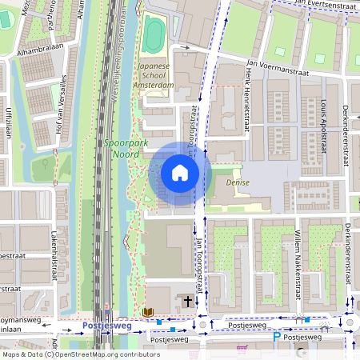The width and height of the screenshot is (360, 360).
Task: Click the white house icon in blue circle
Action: pos(180,173)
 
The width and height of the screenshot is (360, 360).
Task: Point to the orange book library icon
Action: pos(147,311)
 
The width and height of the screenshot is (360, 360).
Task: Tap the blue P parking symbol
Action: pos(277,338)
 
